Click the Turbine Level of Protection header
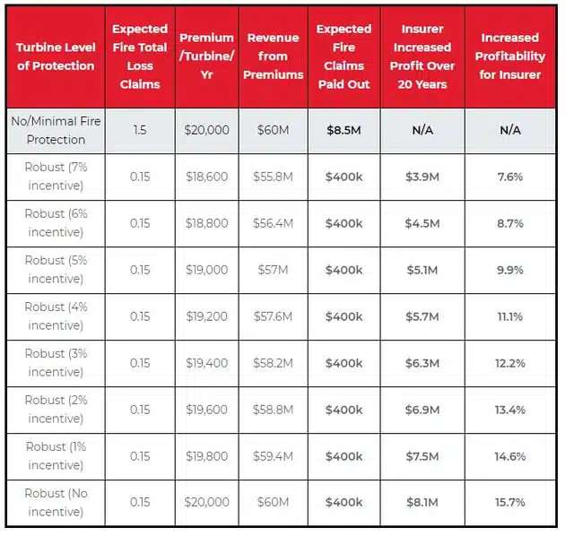55,57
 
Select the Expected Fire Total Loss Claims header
140,56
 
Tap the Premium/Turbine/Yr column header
206,56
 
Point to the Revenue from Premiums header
274,56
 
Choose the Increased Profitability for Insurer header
509,56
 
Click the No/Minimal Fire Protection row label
55,130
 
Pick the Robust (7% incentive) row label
55,177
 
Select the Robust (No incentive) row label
55,503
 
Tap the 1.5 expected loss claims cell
140,130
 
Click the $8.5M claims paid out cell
344,130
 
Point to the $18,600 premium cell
206,177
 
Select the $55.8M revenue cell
274,177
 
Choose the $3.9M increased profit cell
422,177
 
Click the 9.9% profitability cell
509,270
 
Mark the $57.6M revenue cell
274,316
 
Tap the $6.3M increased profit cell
422,363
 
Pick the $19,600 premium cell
206,410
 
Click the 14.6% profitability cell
509,456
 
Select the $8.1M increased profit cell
422,503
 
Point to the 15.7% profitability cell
509,503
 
